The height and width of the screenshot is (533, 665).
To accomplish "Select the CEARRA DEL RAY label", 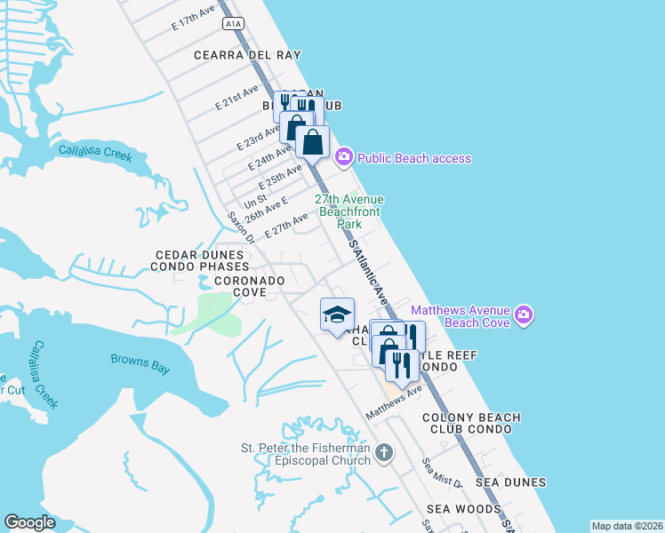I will (x=248, y=54).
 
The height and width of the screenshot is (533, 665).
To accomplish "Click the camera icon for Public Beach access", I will (x=343, y=158).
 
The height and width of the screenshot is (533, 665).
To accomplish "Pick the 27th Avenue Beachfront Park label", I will (x=349, y=212).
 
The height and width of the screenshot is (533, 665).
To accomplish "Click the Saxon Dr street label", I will (x=240, y=227).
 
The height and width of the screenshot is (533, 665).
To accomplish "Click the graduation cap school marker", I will (x=337, y=314).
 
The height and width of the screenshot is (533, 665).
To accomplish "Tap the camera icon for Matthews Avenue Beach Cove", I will (x=524, y=315).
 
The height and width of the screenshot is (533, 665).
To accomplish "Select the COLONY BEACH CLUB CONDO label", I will (x=467, y=423).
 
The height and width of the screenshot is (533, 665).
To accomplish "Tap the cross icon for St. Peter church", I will (x=383, y=454).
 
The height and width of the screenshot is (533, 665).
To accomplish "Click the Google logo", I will (x=29, y=522).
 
